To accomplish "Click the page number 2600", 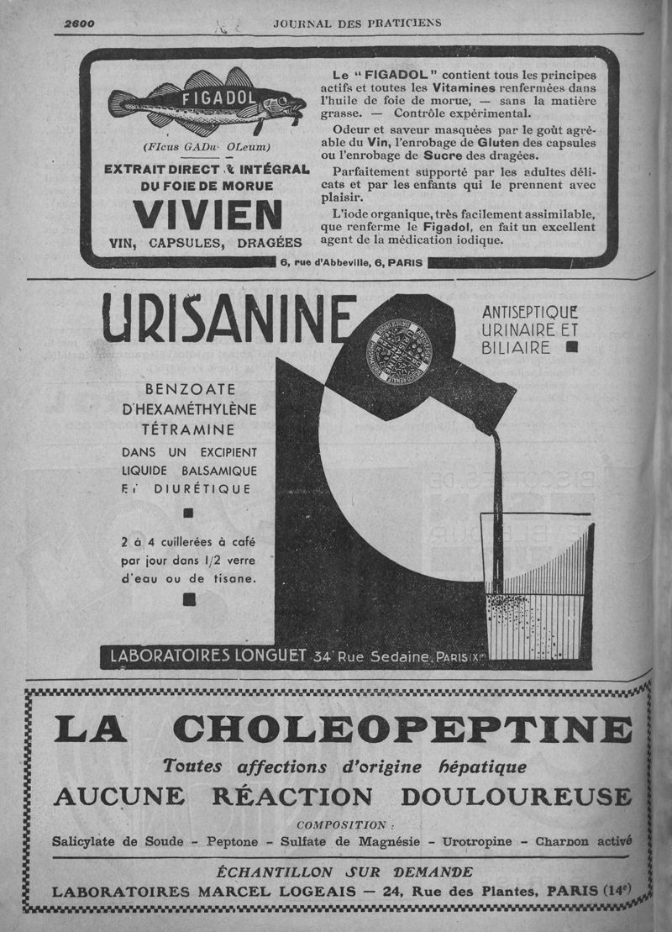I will click(79, 24).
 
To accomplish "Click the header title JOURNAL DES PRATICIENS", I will click(357, 24).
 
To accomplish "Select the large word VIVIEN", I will click(207, 215).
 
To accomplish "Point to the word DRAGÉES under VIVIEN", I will click(269, 242).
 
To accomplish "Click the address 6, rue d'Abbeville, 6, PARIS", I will click(352, 262).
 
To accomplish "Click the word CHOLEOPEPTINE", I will click(405, 729).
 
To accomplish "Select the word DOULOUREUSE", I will click(515, 796).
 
